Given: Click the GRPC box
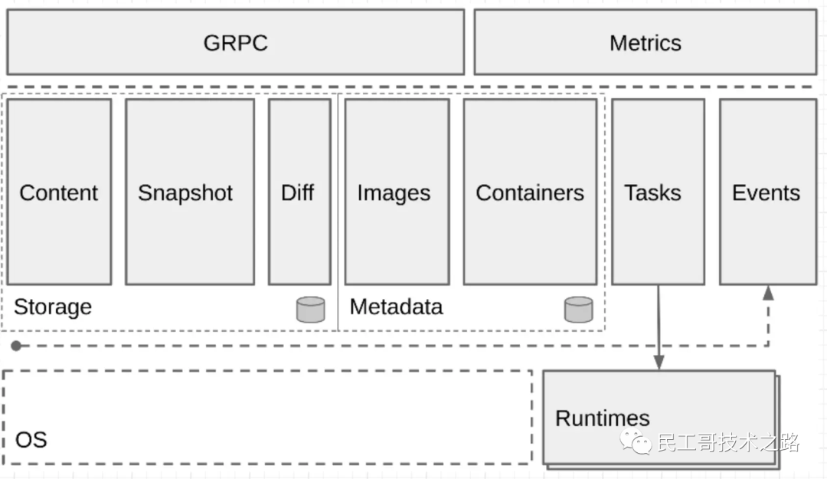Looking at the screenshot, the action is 236,42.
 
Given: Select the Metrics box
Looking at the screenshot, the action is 646,42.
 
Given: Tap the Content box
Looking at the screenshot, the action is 59,192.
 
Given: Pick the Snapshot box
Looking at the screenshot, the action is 190,192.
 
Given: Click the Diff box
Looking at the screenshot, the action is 299,192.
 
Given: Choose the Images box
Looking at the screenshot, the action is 397,192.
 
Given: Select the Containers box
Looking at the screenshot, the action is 530,192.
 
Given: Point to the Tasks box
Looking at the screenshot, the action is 659,192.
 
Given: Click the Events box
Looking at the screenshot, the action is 769,192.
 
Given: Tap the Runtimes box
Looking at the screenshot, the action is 659,418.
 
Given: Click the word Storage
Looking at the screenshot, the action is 53,307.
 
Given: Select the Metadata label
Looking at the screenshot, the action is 396,307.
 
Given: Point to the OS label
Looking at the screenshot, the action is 31,440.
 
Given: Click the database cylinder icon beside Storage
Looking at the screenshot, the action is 311,310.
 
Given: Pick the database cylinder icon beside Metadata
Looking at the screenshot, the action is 579,310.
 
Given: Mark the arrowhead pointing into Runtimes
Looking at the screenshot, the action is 659,363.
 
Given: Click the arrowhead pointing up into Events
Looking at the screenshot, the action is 769,293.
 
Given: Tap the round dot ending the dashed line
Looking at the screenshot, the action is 16,346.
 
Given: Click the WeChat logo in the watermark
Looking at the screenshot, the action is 636,442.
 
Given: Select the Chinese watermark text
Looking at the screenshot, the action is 728,442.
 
